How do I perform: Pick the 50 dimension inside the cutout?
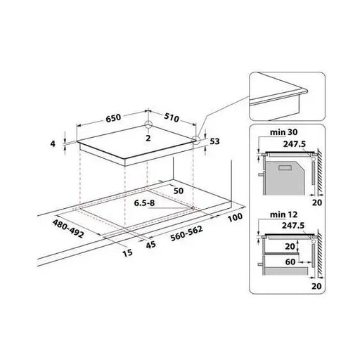[x=177, y=191]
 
